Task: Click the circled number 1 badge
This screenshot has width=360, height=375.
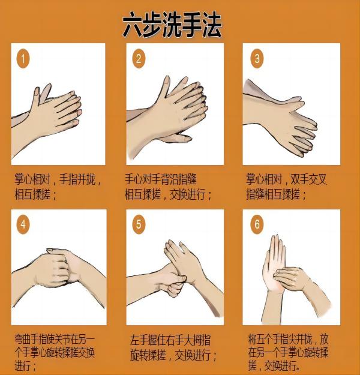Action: pyautogui.click(x=23, y=59)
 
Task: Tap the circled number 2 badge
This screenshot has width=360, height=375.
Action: pyautogui.click(x=139, y=59)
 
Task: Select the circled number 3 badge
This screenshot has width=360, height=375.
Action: pyautogui.click(x=258, y=59)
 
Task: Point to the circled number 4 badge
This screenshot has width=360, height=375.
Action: pyautogui.click(x=23, y=225)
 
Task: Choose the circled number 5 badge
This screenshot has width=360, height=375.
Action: pyautogui.click(x=139, y=225)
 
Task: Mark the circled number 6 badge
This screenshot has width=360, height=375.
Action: pyautogui.click(x=258, y=225)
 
